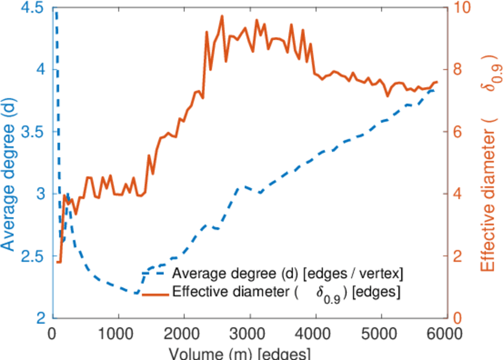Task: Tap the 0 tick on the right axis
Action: click(457, 318)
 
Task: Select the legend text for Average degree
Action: click(287, 274)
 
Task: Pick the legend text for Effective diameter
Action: click(287, 293)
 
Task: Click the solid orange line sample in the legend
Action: click(155, 293)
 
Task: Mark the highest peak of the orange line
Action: click(222, 16)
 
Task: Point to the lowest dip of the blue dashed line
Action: click(137, 293)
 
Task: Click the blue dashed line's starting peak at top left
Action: click(56, 10)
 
